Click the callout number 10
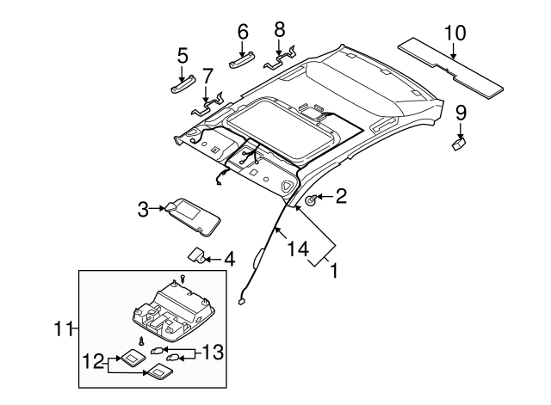point(454,34)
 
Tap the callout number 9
point(461,112)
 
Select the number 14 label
point(296,250)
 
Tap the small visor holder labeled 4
point(198,256)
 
